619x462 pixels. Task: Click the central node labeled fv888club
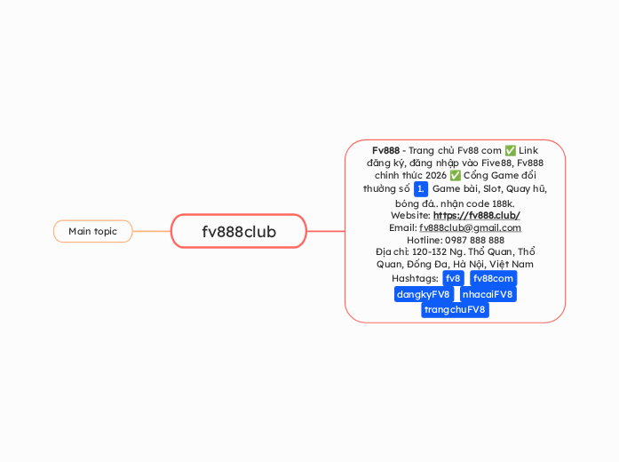pyautogui.click(x=239, y=232)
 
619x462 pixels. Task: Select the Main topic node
pyautogui.click(x=92, y=232)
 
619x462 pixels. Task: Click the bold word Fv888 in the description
pyautogui.click(x=385, y=150)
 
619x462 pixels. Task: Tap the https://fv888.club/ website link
pyautogui.click(x=476, y=215)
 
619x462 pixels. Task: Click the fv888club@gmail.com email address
pyautogui.click(x=470, y=227)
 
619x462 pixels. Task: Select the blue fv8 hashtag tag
pyautogui.click(x=453, y=279)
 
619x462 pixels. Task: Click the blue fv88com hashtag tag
pyautogui.click(x=493, y=279)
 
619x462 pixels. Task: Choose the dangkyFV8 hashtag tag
pyautogui.click(x=424, y=294)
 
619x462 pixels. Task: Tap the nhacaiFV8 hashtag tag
pyautogui.click(x=488, y=294)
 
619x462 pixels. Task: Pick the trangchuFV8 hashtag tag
pyautogui.click(x=455, y=309)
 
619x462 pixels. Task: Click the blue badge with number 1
pyautogui.click(x=421, y=189)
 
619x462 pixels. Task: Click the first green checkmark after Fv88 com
pyautogui.click(x=510, y=150)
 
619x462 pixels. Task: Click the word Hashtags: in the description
pyautogui.click(x=416, y=279)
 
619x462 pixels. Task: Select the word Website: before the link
pyautogui.click(x=410, y=215)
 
